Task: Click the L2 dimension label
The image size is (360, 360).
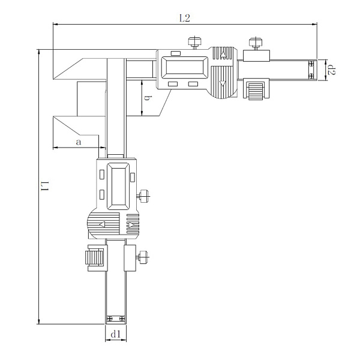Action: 185,18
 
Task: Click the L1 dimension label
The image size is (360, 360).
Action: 45,186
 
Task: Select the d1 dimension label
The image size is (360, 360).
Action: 116,334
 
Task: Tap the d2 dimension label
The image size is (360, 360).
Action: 332,70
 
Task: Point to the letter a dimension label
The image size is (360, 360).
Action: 79,142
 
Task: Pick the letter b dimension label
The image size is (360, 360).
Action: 147,98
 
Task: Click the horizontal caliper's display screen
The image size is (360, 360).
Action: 185,67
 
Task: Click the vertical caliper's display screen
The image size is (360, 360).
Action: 118,186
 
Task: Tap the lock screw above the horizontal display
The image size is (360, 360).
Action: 194,43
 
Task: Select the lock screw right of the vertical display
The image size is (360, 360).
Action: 143,196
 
